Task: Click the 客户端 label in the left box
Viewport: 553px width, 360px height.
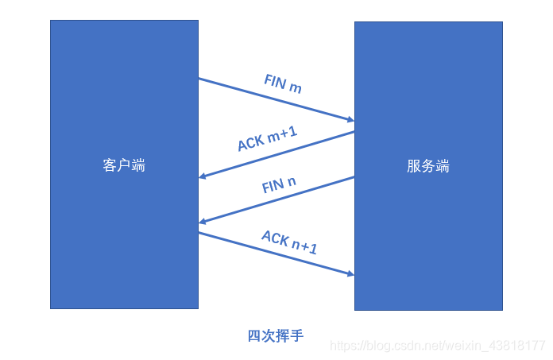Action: [124, 165]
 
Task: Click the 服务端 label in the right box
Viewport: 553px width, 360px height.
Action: [428, 166]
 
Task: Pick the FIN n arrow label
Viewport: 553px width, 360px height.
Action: [279, 186]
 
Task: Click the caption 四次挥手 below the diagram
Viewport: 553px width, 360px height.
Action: [276, 335]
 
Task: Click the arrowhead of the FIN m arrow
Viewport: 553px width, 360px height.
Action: [350, 120]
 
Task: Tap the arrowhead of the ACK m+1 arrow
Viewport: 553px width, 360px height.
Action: [203, 176]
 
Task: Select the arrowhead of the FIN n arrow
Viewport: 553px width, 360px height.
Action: [203, 222]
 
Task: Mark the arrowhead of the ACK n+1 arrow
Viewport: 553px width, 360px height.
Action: [350, 275]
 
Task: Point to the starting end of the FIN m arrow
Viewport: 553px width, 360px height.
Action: [199, 79]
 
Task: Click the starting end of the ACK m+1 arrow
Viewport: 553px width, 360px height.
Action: [354, 132]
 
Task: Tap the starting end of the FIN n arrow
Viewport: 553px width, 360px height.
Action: [354, 177]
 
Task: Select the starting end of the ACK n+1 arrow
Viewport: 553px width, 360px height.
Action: [199, 232]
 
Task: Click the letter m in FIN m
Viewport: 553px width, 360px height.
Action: [296, 87]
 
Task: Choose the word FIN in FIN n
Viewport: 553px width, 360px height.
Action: [273, 188]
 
